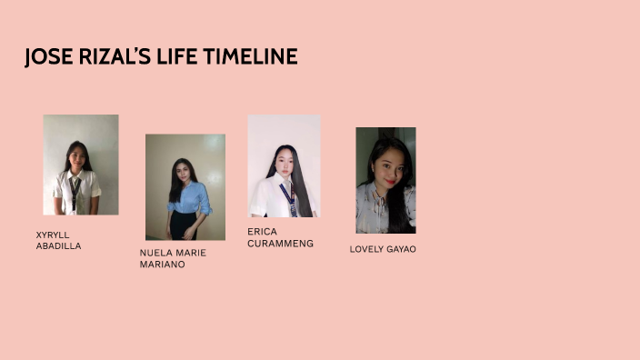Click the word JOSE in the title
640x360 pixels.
[44, 57]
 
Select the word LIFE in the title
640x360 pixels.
[169, 57]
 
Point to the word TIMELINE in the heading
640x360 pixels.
[250, 57]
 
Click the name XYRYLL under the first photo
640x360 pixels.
[53, 235]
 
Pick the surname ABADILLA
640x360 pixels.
[58, 246]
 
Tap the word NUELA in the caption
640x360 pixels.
[155, 253]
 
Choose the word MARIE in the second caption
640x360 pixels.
[191, 253]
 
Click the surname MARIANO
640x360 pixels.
[162, 265]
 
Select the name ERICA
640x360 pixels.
[262, 232]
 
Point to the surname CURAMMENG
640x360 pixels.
[280, 244]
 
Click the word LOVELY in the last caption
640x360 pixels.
[366, 249]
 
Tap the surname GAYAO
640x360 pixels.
[401, 249]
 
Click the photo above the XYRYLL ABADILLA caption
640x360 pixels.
[81, 165]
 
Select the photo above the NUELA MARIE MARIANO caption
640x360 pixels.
[185, 187]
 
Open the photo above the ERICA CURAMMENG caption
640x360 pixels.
[284, 165]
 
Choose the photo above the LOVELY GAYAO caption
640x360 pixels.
[385, 180]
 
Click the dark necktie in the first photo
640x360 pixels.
[75, 191]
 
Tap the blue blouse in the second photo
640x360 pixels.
[188, 197]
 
